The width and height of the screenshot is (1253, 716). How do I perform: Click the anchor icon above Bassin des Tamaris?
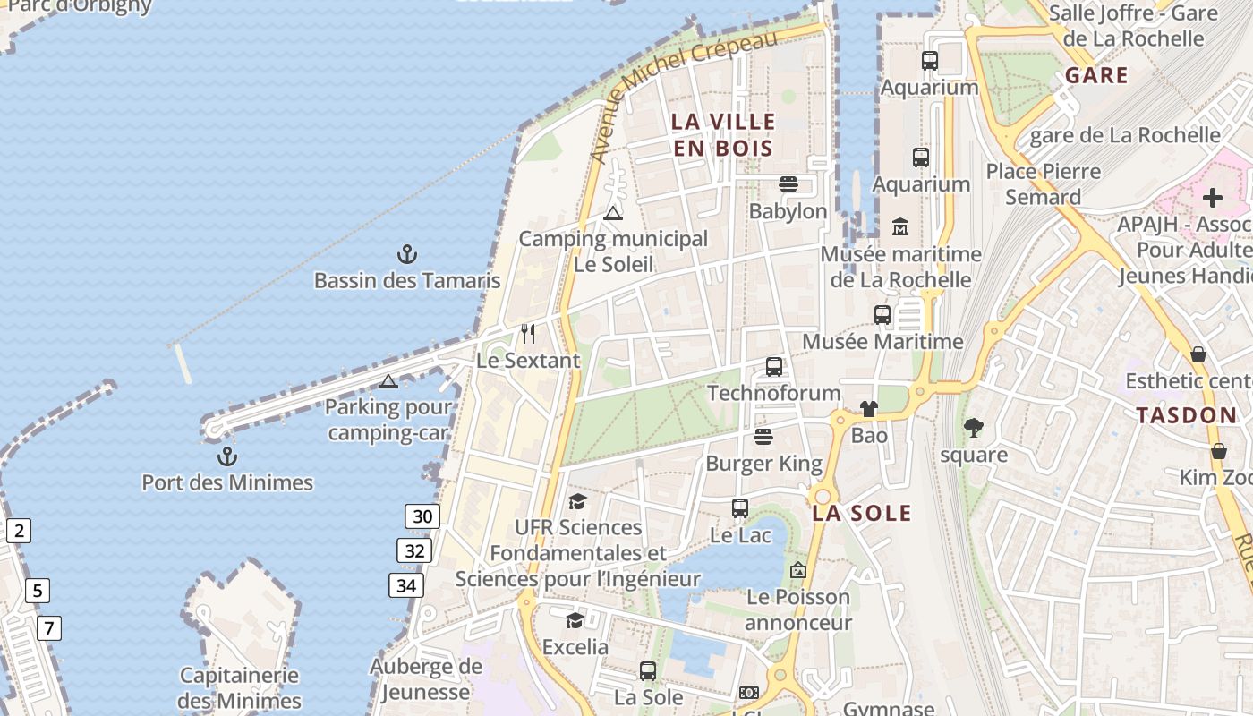(407, 255)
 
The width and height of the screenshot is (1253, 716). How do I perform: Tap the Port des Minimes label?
(227, 482)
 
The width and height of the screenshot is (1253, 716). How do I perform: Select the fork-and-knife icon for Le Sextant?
(528, 334)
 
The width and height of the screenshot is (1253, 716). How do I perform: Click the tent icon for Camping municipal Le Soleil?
(612, 213)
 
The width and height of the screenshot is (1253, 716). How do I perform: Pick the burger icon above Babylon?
(788, 184)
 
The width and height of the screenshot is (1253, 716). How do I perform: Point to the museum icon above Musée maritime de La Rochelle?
(900, 227)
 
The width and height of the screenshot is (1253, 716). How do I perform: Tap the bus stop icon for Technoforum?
(774, 367)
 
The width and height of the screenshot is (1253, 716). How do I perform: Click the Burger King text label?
(763, 463)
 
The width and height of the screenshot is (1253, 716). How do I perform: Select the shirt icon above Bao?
(869, 409)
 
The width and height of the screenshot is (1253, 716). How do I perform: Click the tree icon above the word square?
(974, 428)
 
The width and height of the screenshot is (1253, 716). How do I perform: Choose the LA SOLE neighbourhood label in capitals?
(862, 513)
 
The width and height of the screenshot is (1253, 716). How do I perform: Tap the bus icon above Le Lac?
(740, 508)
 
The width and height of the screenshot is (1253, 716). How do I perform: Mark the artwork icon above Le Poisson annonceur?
(797, 570)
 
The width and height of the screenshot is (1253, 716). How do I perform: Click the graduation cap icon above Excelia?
(575, 620)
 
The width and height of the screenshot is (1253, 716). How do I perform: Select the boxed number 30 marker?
(422, 516)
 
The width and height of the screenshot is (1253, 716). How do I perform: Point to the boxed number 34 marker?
(406, 585)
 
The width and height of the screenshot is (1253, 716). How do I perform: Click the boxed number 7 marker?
(49, 628)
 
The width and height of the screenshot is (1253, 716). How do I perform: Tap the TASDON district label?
(1186, 415)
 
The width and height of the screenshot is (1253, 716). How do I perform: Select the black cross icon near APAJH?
(1213, 197)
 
